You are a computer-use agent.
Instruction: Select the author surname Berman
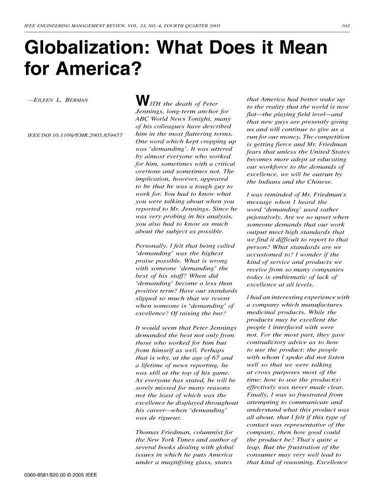75,100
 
